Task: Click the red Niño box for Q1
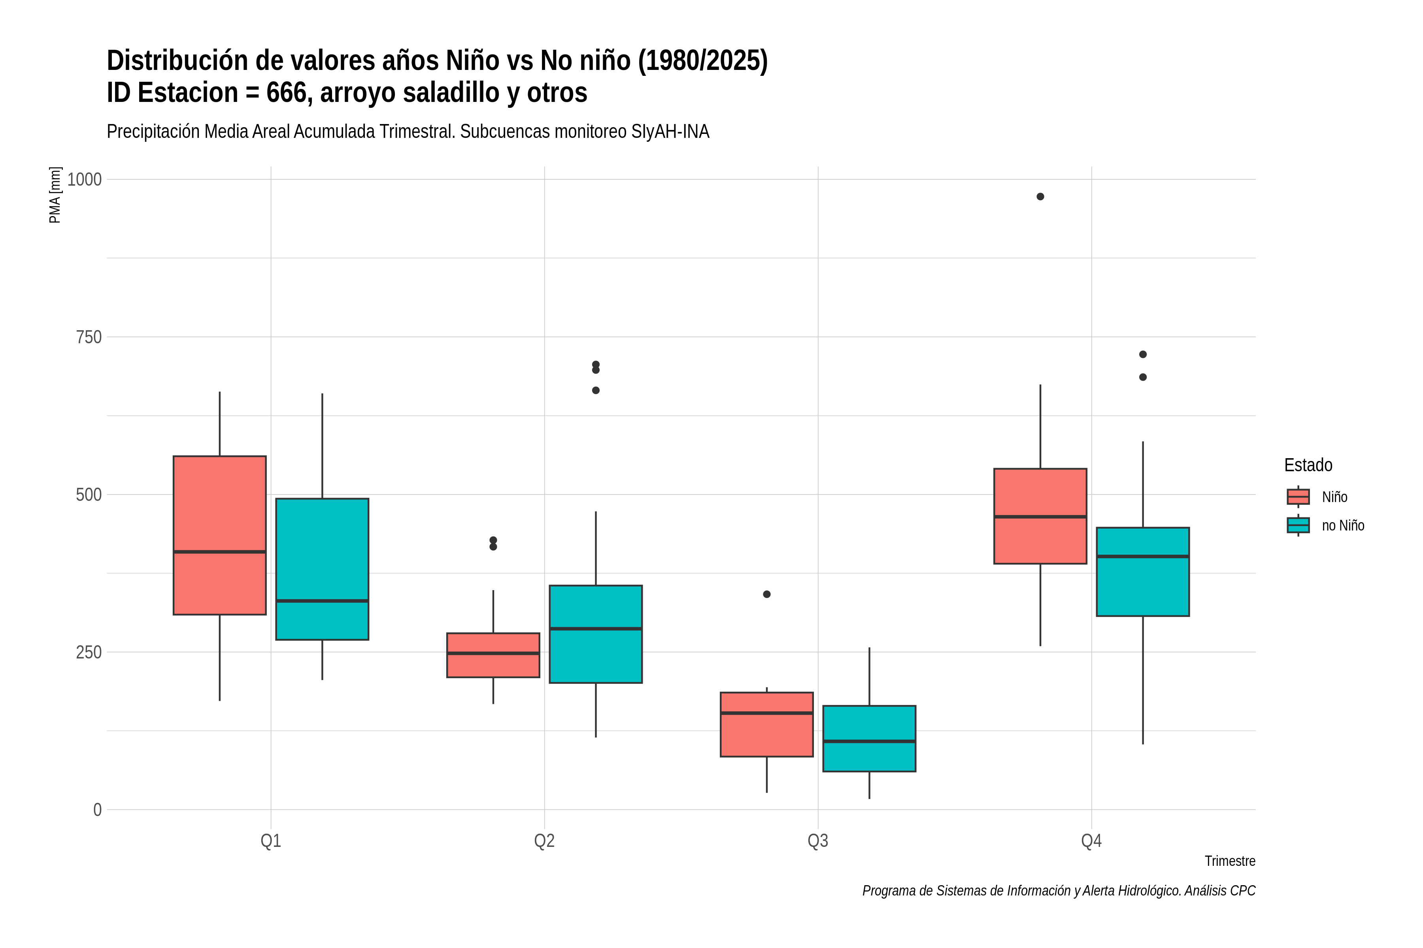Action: click(220, 535)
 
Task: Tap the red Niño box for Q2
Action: click(493, 655)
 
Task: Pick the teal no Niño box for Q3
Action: click(869, 738)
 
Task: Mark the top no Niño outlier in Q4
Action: click(1143, 354)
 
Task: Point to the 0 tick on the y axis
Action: click(97, 809)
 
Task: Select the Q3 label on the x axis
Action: click(818, 841)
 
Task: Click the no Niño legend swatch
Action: click(1298, 525)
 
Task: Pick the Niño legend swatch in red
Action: click(1298, 497)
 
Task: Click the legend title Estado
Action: click(1308, 465)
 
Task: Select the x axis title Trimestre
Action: click(1230, 861)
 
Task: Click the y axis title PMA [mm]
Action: click(55, 195)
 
